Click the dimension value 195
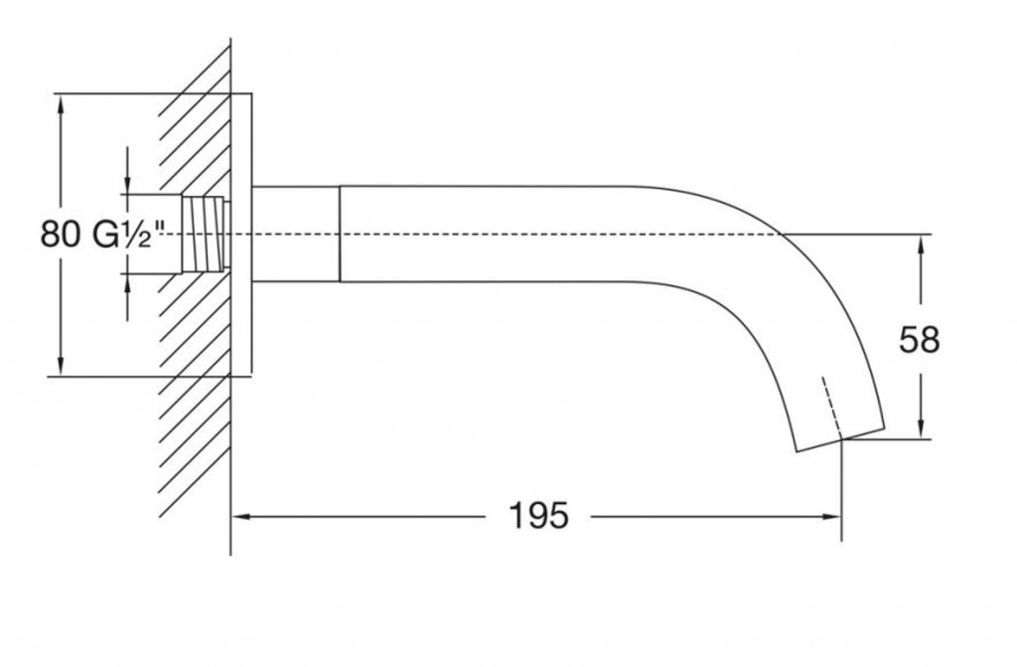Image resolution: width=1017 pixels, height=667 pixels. tap(538, 516)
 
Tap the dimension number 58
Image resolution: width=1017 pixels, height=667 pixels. tap(919, 339)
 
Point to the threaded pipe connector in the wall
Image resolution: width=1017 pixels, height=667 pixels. tap(205, 234)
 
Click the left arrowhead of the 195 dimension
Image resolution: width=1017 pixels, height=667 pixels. tap(241, 516)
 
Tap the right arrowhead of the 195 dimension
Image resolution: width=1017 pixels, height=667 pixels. tap(832, 516)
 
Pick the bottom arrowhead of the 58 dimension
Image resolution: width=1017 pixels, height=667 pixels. tap(921, 428)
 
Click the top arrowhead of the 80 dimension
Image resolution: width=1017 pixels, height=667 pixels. tap(61, 104)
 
